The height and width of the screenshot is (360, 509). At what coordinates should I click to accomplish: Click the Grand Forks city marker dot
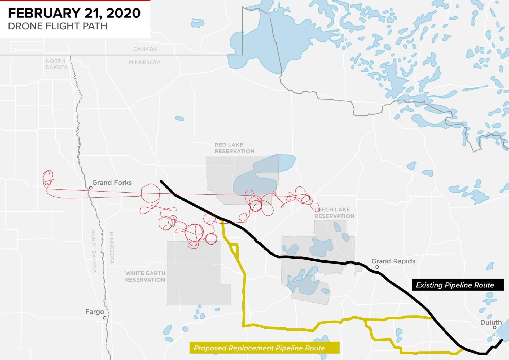91,188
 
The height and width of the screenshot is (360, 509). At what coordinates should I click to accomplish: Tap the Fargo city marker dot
105,318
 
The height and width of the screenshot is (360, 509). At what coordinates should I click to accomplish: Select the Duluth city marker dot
494,328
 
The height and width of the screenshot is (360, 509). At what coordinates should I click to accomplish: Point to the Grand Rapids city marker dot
377,267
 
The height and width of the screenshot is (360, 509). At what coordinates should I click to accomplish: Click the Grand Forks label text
112,183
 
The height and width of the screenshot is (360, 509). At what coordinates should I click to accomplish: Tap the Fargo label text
95,312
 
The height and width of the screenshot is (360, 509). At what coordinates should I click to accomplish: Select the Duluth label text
491,322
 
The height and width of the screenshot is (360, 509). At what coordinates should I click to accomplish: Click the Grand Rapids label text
393,261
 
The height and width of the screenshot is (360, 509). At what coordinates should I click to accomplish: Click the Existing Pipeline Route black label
455,285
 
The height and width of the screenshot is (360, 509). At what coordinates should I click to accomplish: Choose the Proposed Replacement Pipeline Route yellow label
259,348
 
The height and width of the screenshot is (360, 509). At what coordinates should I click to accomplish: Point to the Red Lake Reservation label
234,148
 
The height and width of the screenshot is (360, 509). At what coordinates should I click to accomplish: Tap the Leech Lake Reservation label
334,213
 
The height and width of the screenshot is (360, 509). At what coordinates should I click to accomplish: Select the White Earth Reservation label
145,276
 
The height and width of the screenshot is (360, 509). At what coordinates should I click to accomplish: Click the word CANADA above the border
145,49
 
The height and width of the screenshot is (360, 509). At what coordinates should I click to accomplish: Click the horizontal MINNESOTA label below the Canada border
144,62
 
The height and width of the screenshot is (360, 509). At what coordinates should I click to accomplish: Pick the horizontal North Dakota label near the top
56,64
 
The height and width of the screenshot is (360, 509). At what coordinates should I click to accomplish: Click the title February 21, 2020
74,13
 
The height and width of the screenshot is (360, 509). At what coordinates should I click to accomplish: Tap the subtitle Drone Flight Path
58,26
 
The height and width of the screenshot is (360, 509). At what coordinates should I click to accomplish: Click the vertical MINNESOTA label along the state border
112,247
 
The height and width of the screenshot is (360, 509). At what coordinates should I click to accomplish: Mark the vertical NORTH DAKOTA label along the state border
94,251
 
